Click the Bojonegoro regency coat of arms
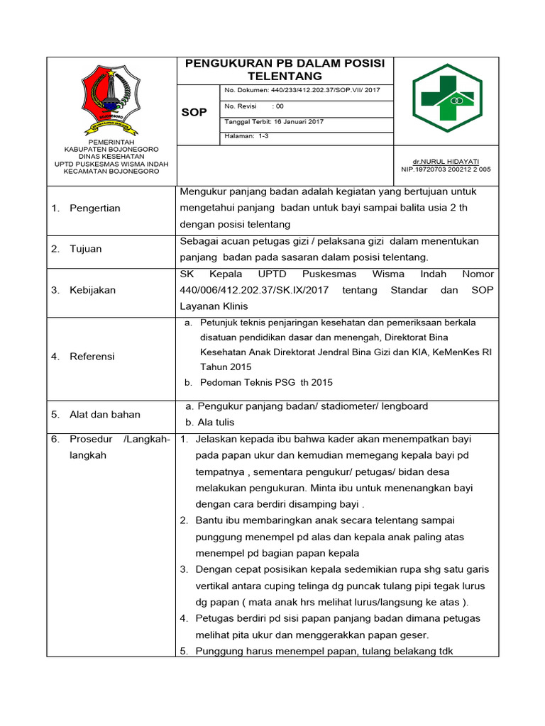[111, 99]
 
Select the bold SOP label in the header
[194, 113]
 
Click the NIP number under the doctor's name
[445, 169]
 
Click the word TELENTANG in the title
[285, 76]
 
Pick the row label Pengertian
[95, 208]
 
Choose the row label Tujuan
[85, 249]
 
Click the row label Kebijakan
[92, 290]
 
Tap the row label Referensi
[92, 356]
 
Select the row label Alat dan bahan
[104, 414]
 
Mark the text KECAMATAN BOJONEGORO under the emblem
[111, 171]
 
